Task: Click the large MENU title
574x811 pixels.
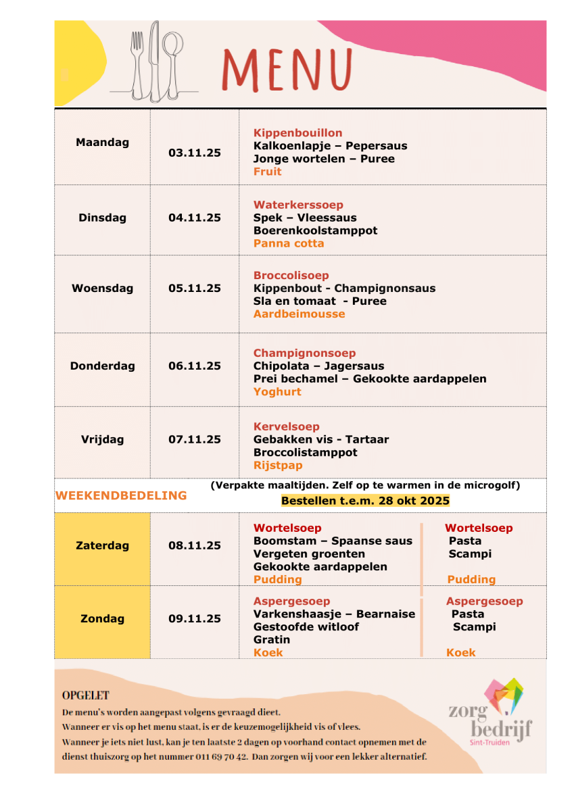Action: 287,69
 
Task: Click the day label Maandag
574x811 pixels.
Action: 102,143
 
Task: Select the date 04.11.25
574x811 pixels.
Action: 195,218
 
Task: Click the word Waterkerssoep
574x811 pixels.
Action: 298,205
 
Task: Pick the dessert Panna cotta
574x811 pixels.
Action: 289,243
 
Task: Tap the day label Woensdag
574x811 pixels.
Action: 102,288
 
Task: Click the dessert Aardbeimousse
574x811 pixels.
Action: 299,314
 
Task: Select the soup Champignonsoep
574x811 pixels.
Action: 304,353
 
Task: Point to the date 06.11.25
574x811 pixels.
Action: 195,366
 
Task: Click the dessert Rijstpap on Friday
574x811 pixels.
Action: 278,465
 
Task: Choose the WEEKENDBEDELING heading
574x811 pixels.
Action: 121,495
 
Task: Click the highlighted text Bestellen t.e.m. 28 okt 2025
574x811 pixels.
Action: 365,501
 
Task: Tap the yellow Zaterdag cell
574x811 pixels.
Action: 102,546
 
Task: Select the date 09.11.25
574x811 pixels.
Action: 195,618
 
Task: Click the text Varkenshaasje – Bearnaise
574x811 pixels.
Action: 334,614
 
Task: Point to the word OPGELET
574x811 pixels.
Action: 86,695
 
